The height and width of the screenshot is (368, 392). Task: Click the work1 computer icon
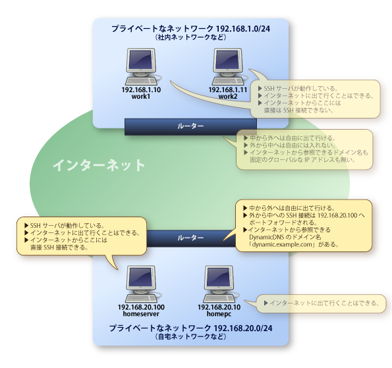click(x=141, y=66)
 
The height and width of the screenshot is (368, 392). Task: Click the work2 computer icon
click(x=228, y=66)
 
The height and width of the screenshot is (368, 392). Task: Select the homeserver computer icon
click(x=141, y=282)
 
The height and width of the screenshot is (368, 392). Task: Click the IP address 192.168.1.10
click(x=141, y=90)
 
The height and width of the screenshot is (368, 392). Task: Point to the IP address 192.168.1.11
click(x=228, y=90)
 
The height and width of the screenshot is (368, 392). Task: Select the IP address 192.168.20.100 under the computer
click(x=141, y=307)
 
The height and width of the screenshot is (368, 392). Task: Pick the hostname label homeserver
click(x=141, y=315)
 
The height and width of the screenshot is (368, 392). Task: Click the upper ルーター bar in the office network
click(x=190, y=125)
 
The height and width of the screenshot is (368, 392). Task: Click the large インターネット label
click(x=99, y=165)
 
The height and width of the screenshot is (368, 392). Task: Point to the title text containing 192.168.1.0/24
click(x=190, y=29)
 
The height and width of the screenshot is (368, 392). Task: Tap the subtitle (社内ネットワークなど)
click(x=190, y=38)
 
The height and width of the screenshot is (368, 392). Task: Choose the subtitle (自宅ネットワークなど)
click(x=190, y=336)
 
